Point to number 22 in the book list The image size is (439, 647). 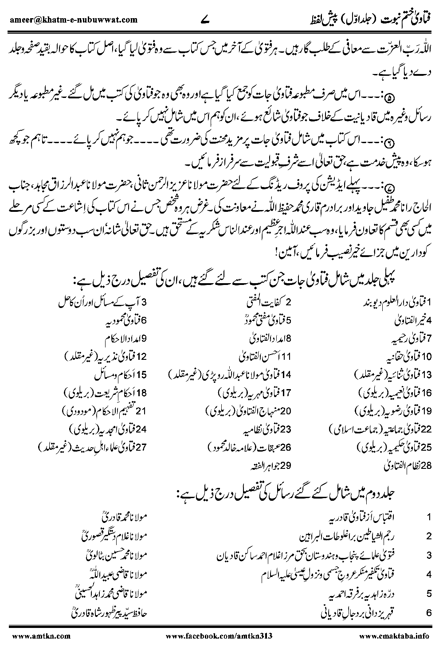point(426,429)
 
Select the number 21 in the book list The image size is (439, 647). point(141,412)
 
